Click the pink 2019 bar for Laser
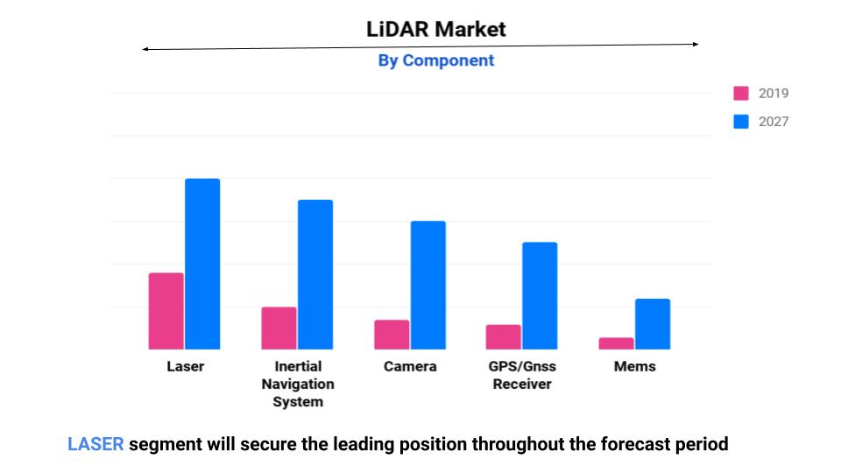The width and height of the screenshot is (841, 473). (x=166, y=311)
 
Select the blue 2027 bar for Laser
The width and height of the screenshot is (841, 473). (x=202, y=264)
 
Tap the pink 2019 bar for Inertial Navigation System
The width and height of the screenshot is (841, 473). (x=279, y=328)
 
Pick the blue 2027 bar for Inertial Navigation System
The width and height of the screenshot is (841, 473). (x=315, y=274)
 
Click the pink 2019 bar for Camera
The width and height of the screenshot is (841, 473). (x=392, y=335)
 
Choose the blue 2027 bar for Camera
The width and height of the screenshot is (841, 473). (x=428, y=285)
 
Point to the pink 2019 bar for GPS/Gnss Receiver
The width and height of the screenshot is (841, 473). (x=504, y=336)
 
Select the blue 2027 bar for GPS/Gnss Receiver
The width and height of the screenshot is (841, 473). (x=540, y=295)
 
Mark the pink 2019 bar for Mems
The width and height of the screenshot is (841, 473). (x=617, y=343)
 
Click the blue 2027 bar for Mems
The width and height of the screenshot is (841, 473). (x=653, y=324)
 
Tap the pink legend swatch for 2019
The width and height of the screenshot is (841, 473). (x=741, y=94)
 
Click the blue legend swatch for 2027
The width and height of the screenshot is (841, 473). (x=741, y=122)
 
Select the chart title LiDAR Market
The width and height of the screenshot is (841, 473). (x=435, y=29)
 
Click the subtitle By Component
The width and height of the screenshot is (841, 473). (x=435, y=60)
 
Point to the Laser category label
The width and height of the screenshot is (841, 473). (x=185, y=366)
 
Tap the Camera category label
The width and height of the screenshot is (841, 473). (x=410, y=366)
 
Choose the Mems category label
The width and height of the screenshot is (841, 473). (x=634, y=366)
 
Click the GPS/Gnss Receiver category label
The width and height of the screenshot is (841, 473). (x=522, y=375)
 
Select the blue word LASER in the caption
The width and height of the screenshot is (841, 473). (x=95, y=444)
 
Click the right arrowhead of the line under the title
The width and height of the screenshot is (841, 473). (x=696, y=44)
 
